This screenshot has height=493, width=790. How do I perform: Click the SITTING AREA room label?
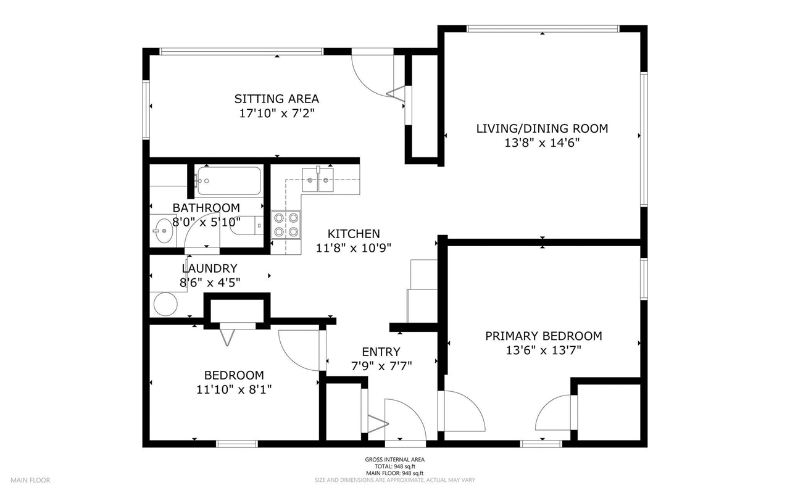276,99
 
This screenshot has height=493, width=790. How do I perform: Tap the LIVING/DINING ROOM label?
542,128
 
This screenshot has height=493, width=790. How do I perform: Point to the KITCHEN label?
353,234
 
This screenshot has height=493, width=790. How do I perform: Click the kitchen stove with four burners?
286,225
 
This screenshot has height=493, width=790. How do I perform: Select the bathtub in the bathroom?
229,181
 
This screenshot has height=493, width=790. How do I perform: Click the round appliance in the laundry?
165,304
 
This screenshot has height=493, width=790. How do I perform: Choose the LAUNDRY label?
209,268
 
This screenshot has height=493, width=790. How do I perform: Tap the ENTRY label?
381,352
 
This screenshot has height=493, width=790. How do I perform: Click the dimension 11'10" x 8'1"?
234,389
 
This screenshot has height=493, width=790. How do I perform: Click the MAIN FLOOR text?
30,480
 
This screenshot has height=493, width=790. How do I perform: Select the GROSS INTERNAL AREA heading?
394,460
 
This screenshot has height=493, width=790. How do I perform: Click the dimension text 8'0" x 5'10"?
206,221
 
